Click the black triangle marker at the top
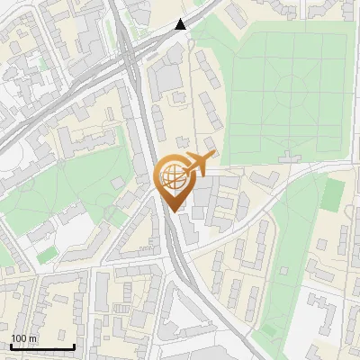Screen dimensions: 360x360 [181, 24]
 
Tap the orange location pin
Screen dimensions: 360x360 [175, 183]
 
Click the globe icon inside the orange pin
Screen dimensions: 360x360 [172, 177]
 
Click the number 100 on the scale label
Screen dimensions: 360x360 [20, 338]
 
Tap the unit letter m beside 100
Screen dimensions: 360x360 [32, 338]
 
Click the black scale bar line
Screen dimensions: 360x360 [41, 346]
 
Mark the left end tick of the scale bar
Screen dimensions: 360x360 [10, 346]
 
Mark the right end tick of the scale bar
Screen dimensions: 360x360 [74, 346]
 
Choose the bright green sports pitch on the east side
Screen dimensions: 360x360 [333, 193]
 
